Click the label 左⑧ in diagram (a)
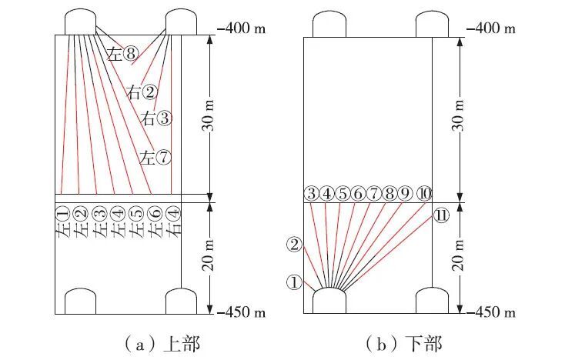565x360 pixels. coord(123,54)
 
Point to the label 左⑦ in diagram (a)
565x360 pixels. coord(155,158)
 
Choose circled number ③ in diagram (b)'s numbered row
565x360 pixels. coord(311,193)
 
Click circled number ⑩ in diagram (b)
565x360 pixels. coord(423,193)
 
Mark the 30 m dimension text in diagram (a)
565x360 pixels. coord(218,115)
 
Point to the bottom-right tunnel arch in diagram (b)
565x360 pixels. coord(432,301)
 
